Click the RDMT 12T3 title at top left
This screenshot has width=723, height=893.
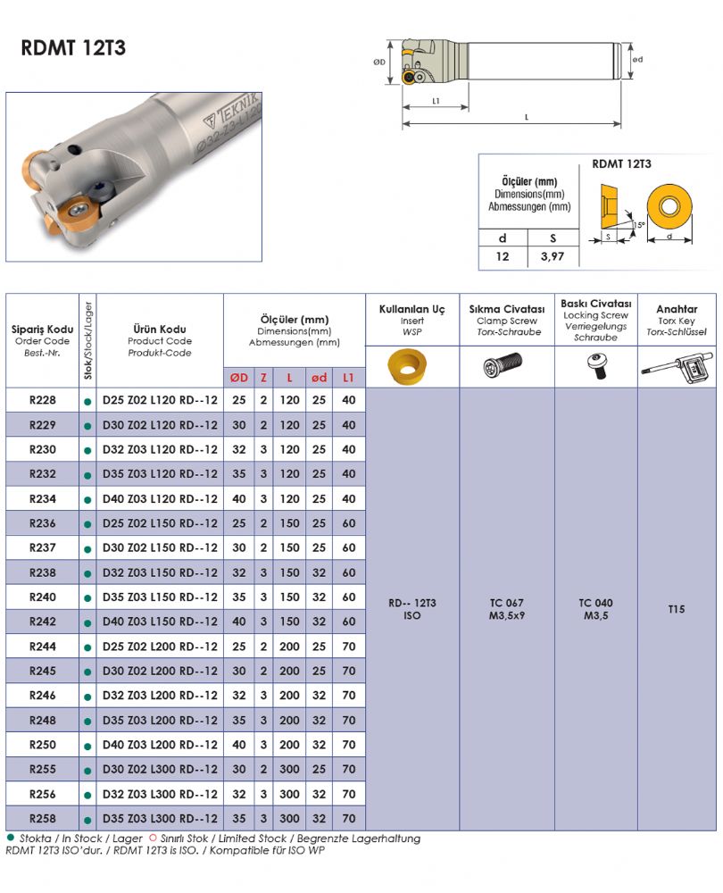click(73, 48)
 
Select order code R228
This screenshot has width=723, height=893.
click(43, 400)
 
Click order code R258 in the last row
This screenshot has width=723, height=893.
click(43, 819)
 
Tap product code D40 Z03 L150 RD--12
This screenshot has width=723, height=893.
click(160, 622)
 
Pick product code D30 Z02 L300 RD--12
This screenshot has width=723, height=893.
click(160, 770)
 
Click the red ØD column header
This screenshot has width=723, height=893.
click(239, 378)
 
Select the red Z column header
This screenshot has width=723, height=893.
click(263, 378)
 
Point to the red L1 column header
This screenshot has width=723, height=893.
click(348, 378)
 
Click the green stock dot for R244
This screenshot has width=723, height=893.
click(87, 647)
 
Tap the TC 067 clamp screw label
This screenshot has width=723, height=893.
click(507, 603)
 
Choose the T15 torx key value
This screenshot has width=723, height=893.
click(677, 609)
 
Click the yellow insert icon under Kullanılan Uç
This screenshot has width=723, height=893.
click(407, 366)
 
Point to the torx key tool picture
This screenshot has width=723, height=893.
click(677, 367)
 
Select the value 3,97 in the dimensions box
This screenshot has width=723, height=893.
click(553, 256)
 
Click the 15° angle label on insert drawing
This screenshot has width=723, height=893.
click(639, 225)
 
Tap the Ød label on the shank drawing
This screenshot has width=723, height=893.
click(637, 59)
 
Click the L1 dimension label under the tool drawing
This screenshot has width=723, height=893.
click(436, 101)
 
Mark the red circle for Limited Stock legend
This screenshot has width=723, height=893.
click(153, 838)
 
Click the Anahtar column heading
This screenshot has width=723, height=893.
click(677, 309)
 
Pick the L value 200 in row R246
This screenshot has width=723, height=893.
click(289, 696)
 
